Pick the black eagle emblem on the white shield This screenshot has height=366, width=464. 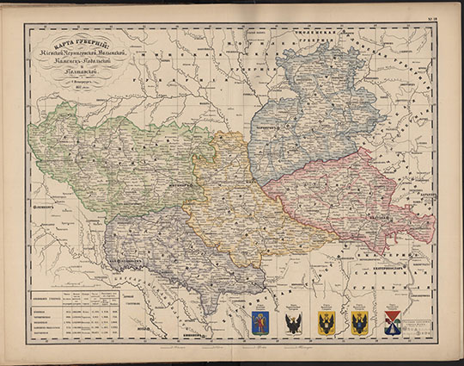292,323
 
